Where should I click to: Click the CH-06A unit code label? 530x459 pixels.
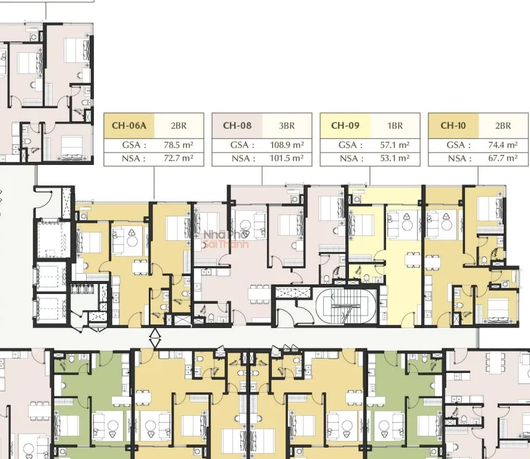[x=129, y=126]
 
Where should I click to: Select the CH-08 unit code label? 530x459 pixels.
[x=237, y=126]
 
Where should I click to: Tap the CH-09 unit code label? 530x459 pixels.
[x=345, y=126]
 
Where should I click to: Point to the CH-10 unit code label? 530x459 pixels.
[x=453, y=126]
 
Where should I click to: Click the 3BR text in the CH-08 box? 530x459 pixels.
[x=287, y=126]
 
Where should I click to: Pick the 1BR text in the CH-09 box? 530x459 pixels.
[x=395, y=126]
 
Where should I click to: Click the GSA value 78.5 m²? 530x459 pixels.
[x=179, y=145]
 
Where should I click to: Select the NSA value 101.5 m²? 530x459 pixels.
[x=287, y=158]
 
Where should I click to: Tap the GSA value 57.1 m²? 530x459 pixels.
[x=395, y=145]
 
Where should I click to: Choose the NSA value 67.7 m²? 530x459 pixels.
[x=503, y=158]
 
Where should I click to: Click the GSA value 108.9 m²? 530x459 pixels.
[x=287, y=145]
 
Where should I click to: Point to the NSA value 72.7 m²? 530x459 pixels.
[x=179, y=158]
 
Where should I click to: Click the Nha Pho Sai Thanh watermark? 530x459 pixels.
[x=226, y=239]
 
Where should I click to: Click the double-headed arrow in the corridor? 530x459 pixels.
[x=155, y=338]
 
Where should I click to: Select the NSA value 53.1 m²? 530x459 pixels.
[x=395, y=158]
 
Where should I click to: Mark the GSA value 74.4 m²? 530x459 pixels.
[x=503, y=145]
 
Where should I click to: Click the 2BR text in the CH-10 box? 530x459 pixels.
[x=503, y=126]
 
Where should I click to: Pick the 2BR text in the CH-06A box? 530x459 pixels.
[x=179, y=126]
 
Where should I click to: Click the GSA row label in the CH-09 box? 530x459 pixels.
[x=351, y=145]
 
